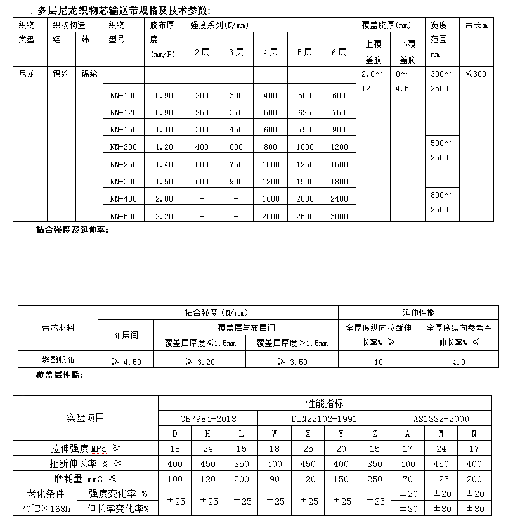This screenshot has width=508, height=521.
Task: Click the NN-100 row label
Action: click(x=123, y=96)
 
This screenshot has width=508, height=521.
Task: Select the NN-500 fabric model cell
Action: click(x=123, y=216)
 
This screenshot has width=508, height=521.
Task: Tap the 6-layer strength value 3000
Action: click(x=339, y=216)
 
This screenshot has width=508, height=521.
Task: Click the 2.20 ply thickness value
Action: click(x=164, y=216)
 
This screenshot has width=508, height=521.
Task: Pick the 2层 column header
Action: click(x=202, y=52)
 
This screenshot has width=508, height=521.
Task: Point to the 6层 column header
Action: click(x=339, y=52)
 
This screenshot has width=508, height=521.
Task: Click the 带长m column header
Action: click(x=476, y=25)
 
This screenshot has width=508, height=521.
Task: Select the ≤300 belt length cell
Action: click(x=476, y=74)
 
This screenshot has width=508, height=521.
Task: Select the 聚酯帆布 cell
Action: click(x=58, y=361)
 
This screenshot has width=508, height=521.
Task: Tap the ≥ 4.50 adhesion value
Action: click(x=126, y=362)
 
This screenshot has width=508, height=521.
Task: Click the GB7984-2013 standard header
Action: click(x=208, y=418)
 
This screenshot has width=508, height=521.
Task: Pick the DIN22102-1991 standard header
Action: click(x=323, y=418)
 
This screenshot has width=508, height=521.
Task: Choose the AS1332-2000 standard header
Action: click(x=441, y=418)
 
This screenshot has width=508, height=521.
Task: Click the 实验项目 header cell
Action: click(x=86, y=418)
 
